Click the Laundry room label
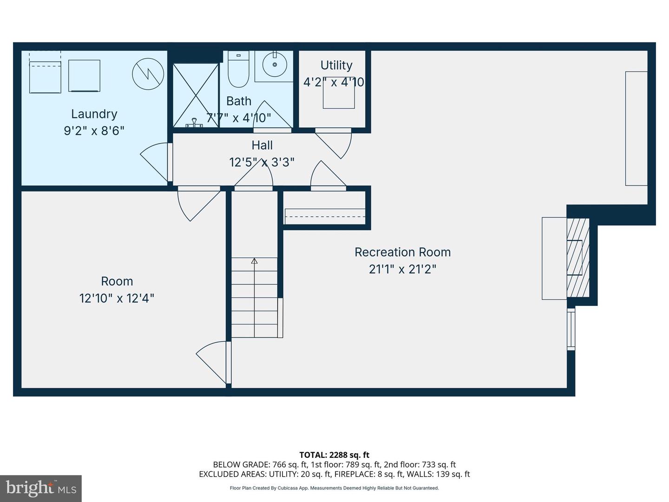pyautogui.click(x=94, y=114)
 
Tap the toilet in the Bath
pyautogui.click(x=239, y=70)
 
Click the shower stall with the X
pyautogui.click(x=196, y=95)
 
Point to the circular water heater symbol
pyautogui.click(x=148, y=74)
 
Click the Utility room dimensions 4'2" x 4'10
pyautogui.click(x=334, y=82)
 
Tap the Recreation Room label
pyautogui.click(x=402, y=252)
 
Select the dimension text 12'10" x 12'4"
pyautogui.click(x=117, y=298)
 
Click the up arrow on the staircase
pyautogui.click(x=254, y=261)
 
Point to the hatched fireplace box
pyautogui.click(x=578, y=258)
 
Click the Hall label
pyautogui.click(x=262, y=145)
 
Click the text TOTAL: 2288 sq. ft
pyautogui.click(x=334, y=455)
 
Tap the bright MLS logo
pyautogui.click(x=40, y=488)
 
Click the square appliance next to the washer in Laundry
pyautogui.click(x=84, y=76)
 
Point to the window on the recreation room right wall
pyautogui.click(x=571, y=330)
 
